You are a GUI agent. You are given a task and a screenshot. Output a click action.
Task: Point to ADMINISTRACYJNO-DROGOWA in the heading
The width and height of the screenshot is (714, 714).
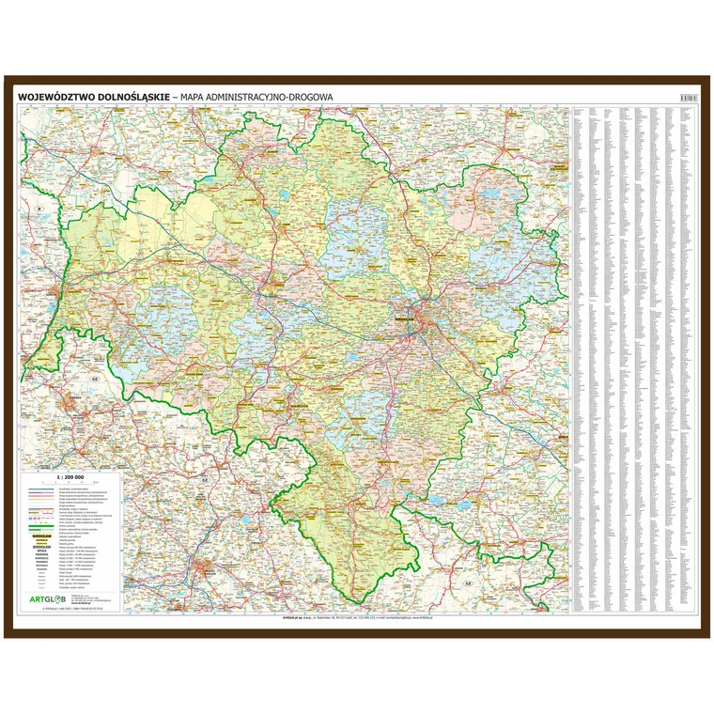(273, 96)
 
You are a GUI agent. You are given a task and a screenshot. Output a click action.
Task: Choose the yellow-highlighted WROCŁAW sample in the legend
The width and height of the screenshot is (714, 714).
(40, 540)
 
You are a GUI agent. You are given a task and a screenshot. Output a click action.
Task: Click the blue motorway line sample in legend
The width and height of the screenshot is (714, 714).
(40, 492)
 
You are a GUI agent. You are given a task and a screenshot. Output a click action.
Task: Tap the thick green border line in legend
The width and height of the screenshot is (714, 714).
(40, 531)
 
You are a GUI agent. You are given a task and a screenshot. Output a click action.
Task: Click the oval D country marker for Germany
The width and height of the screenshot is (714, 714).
(40, 207)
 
